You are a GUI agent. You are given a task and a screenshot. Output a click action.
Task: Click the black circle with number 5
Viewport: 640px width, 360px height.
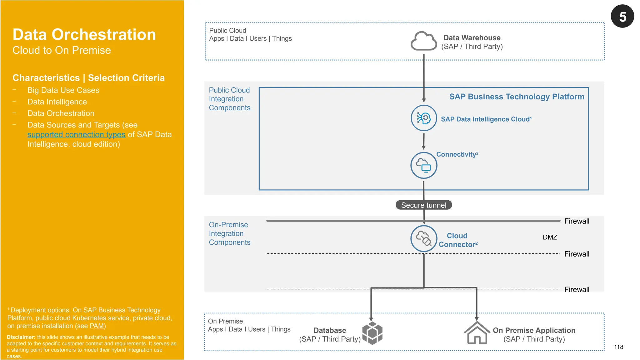pos(622,16)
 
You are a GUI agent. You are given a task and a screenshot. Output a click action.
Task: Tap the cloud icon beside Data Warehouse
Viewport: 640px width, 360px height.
pos(423,41)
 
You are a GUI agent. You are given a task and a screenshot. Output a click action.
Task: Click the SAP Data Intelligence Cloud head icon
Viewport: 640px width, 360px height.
pos(424,118)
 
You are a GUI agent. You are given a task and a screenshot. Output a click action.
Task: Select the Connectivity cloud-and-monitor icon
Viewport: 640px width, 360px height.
pos(424,165)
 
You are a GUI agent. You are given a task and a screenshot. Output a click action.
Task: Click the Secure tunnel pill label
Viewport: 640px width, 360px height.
pos(423,205)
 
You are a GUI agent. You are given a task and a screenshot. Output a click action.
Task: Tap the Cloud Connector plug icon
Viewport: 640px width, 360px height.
pos(424,239)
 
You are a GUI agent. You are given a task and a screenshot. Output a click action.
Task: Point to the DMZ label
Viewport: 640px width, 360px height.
pos(550,237)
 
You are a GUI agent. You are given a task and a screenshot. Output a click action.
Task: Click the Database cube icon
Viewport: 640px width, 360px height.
pos(372,333)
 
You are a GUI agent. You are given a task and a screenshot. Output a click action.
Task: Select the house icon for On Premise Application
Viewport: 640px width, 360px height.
pos(477,333)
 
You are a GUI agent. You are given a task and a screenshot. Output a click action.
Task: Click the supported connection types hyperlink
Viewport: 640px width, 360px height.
pos(76,135)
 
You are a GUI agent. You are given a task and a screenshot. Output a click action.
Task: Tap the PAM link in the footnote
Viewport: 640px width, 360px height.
pos(97,326)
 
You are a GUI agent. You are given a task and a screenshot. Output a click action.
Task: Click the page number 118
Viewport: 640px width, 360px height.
pos(618,347)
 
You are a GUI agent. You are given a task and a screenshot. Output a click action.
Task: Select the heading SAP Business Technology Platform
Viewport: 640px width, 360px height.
pos(517,97)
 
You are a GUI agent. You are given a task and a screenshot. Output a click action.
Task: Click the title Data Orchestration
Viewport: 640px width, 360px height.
pos(84,34)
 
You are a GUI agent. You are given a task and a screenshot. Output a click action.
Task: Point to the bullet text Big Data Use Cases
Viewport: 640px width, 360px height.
pos(63,90)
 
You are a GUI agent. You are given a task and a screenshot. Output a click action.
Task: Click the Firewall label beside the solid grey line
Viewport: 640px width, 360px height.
pos(577,221)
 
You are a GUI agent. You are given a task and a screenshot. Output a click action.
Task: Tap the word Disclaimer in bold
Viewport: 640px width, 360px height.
pos(21,337)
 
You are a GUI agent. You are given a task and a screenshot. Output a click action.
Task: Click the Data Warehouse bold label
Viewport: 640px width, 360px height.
pos(472,38)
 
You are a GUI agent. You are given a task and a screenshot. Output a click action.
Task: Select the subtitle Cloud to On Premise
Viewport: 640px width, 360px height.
pos(62,50)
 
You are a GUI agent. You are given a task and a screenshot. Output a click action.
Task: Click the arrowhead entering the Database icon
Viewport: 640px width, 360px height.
pos(371,319)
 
